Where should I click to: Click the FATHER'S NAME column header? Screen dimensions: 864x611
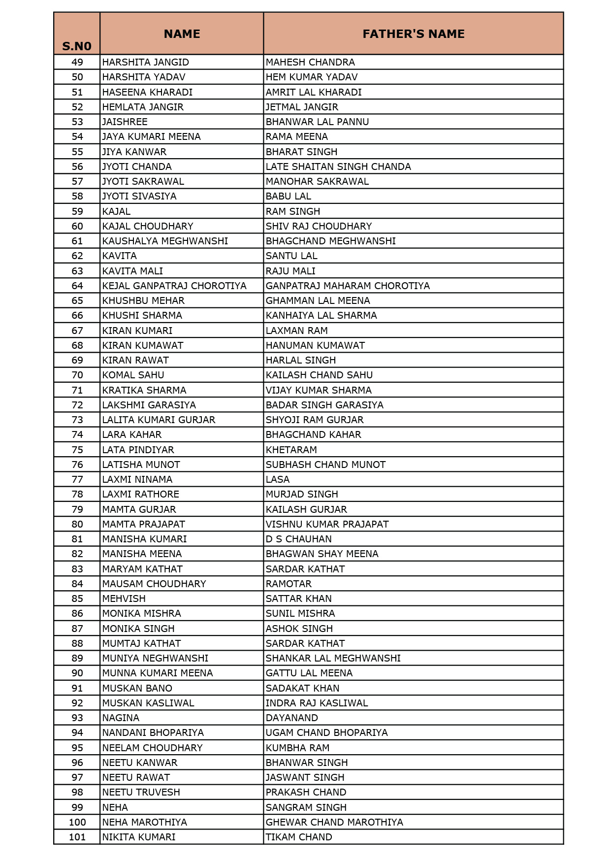(x=413, y=34)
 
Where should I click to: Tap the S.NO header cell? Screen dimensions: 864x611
(x=77, y=46)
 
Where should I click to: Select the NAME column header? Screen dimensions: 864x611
(x=182, y=34)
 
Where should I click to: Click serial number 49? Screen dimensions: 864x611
(x=77, y=62)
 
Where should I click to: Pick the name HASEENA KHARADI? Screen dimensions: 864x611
(x=147, y=92)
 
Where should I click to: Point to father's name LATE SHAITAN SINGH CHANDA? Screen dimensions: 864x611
(x=338, y=166)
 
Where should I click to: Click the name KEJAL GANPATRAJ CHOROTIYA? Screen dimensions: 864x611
(x=174, y=286)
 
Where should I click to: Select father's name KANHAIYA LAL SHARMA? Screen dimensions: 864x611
(x=321, y=315)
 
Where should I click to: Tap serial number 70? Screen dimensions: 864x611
(x=77, y=375)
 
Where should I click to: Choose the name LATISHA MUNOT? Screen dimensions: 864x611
(x=141, y=465)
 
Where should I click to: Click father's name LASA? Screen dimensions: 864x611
(x=278, y=479)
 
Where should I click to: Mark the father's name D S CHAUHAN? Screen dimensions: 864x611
(x=298, y=539)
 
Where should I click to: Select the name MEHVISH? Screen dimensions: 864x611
(x=124, y=598)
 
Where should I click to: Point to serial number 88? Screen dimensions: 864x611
(x=77, y=643)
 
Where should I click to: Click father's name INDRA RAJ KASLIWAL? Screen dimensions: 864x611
(x=317, y=703)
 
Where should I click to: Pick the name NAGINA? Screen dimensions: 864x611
(x=121, y=718)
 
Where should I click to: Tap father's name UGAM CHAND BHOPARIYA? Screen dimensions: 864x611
(x=326, y=732)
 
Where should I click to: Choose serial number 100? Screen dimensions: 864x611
(x=77, y=822)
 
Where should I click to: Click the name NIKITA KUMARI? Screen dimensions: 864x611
(x=139, y=837)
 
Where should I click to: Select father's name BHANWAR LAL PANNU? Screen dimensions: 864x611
(x=317, y=122)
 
